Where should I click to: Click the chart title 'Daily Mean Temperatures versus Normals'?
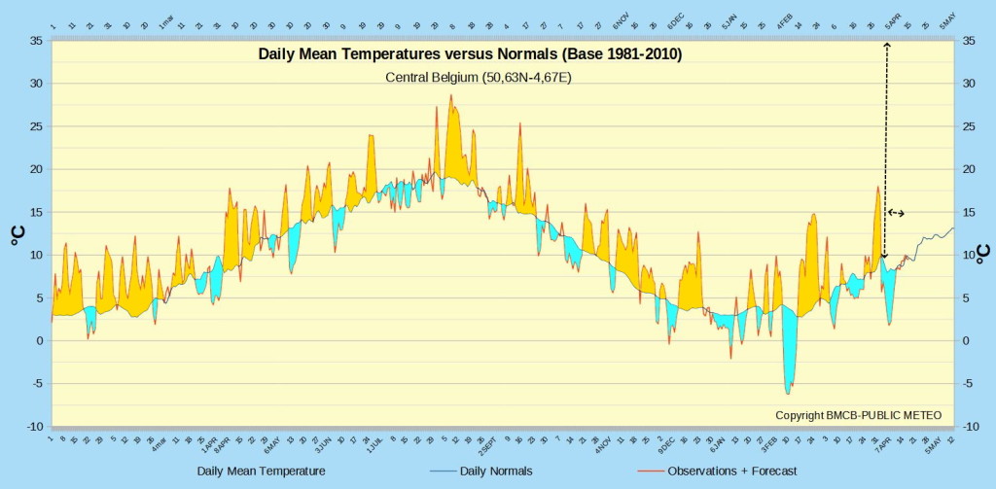pos(470,54)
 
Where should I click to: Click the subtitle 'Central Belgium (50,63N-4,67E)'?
pos(478,77)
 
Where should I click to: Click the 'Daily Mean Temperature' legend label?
pos(261,472)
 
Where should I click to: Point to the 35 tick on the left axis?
pos(35,41)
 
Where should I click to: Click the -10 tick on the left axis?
pos(33,426)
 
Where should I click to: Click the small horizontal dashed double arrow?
pos(896,212)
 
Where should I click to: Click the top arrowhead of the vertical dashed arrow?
pos(886,45)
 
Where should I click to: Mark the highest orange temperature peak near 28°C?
pos(451,95)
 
